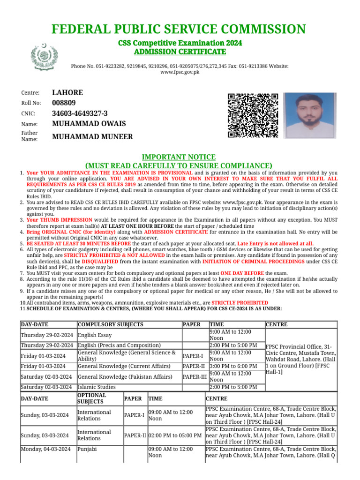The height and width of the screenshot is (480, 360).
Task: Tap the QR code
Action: [253, 115]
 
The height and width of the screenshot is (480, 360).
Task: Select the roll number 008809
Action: [64, 103]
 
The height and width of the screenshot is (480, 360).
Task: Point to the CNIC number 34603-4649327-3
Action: [80, 113]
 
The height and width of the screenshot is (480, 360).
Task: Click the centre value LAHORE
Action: [67, 93]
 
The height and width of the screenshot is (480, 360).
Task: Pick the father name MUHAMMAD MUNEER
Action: [92, 137]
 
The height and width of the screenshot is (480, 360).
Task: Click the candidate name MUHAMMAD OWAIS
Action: [89, 124]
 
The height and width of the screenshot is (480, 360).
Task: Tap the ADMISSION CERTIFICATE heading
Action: [180, 52]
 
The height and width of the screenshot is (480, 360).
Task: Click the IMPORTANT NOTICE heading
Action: [179, 157]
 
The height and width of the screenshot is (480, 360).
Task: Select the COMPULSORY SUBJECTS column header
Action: [111, 324]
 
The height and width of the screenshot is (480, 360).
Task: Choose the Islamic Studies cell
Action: [97, 387]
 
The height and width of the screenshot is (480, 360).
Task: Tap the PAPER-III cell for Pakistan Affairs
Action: [195, 377]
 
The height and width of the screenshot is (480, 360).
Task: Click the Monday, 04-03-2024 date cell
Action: [46, 449]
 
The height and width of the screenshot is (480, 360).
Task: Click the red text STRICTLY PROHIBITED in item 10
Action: [239, 303]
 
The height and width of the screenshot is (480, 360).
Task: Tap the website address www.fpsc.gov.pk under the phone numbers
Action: [180, 73]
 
